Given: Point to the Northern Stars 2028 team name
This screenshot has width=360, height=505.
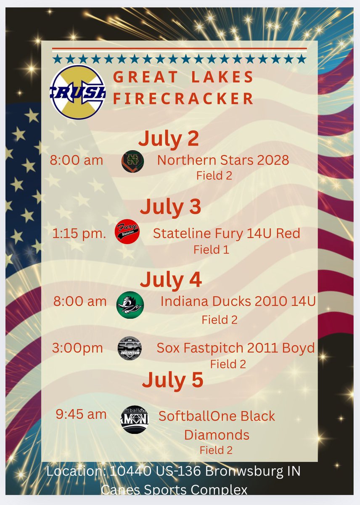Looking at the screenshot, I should pyautogui.click(x=223, y=160).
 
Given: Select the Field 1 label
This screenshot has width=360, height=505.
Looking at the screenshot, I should pyautogui.click(x=211, y=250).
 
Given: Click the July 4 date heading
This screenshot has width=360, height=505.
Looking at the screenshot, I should pyautogui.click(x=171, y=279).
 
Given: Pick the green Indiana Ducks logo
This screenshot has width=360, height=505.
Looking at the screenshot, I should pyautogui.click(x=130, y=304).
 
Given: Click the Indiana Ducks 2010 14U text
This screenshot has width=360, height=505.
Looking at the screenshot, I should pyautogui.click(x=238, y=301).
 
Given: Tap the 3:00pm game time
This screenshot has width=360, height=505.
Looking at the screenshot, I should pyautogui.click(x=77, y=348).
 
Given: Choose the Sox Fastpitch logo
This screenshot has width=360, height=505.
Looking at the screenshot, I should pyautogui.click(x=130, y=348).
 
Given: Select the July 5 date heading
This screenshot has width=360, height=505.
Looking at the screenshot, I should pyautogui.click(x=172, y=380).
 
